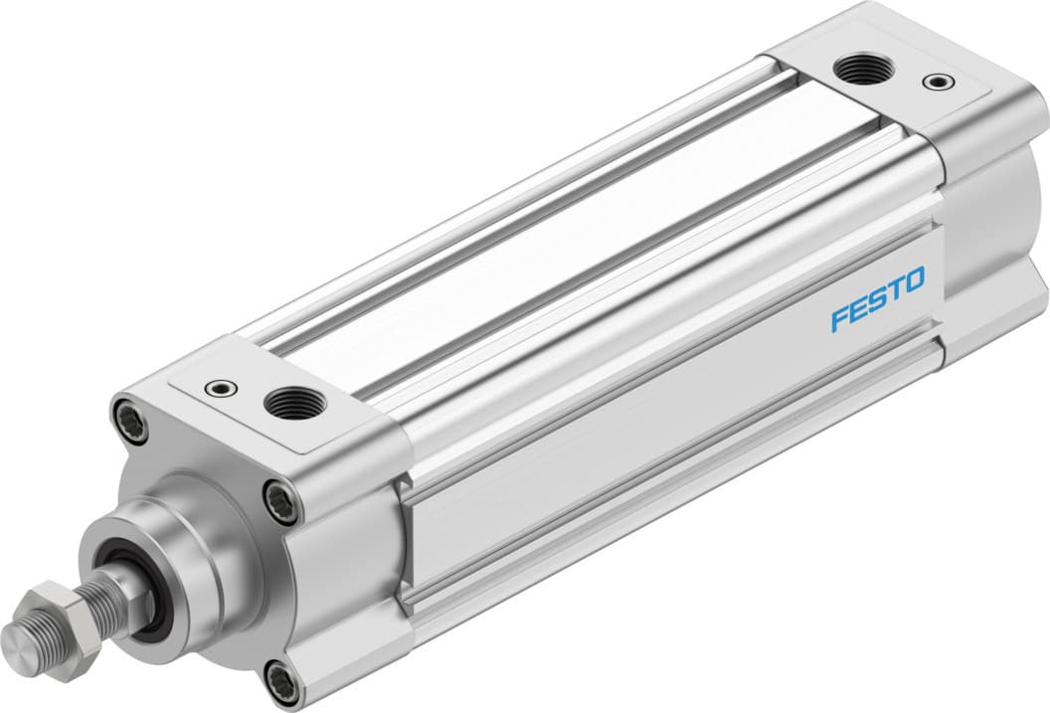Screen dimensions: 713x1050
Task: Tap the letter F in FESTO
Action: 840,319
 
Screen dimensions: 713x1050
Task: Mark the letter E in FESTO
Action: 857,309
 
